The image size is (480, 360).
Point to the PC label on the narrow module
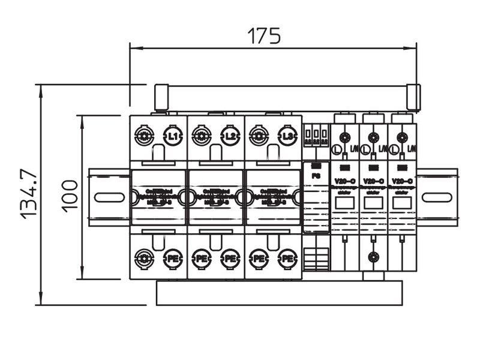[316, 175]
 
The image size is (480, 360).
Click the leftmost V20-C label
[344, 181]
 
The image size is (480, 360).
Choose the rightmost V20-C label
[401, 181]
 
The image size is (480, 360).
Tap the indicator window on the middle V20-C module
[373, 203]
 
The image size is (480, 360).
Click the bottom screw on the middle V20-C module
[373, 257]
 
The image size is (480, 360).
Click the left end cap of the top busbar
[160, 98]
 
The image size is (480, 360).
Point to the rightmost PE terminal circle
[287, 259]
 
